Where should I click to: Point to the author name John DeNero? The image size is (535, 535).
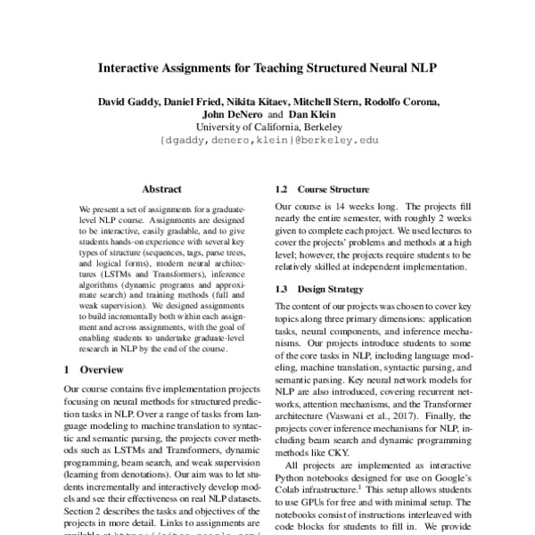pyautogui.click(x=235, y=115)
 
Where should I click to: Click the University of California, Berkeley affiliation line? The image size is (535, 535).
pyautogui.click(x=267, y=128)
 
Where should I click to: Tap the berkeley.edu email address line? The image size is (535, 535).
pyautogui.click(x=267, y=141)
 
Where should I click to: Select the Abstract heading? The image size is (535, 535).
pyautogui.click(x=161, y=189)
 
